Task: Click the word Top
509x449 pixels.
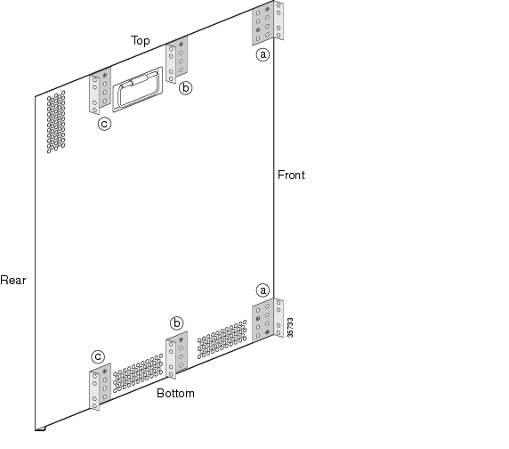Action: tap(141, 41)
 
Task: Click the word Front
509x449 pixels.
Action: tap(291, 176)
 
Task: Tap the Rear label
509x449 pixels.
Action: tap(13, 280)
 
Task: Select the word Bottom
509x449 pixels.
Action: tap(175, 393)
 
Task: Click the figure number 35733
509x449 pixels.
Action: tap(290, 328)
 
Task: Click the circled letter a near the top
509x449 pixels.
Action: tap(263, 54)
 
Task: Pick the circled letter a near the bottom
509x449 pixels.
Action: tap(263, 290)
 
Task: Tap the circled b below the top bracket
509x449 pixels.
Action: tap(185, 88)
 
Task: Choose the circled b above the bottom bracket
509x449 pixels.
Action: tap(176, 323)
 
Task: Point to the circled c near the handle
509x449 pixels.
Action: tap(104, 124)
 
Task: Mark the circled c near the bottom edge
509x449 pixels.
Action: tap(98, 356)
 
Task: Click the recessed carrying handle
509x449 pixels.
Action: tap(137, 89)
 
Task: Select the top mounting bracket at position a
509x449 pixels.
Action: tap(268, 22)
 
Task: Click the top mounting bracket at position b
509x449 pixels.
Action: tap(176, 60)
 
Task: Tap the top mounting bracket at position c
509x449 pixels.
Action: tap(100, 90)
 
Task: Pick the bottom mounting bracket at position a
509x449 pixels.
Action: tap(268, 320)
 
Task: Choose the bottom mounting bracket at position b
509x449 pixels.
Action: tap(176, 355)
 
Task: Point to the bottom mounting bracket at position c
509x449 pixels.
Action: tap(100, 387)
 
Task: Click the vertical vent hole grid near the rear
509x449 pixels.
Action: tap(56, 122)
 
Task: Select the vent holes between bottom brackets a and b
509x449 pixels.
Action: tap(222, 339)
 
